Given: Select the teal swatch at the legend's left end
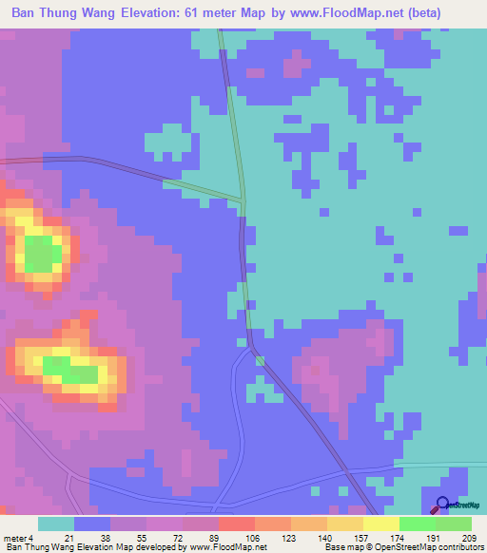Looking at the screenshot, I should click(56, 524).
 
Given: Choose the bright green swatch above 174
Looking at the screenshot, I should click(417, 524).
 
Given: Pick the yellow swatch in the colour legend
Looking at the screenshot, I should click(380, 524).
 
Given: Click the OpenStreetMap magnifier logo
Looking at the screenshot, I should click(442, 505).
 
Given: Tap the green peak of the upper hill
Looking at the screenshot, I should click(41, 255).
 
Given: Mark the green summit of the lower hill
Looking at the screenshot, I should click(69, 369).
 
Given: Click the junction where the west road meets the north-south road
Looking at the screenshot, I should click(243, 200).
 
